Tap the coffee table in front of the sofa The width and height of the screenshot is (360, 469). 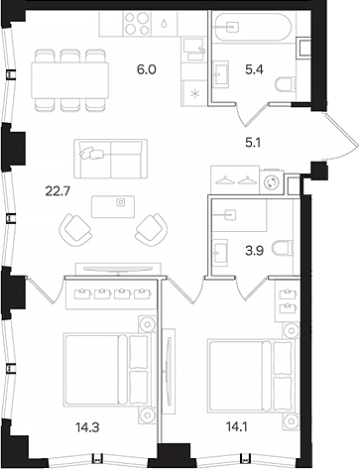click(118, 203)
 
